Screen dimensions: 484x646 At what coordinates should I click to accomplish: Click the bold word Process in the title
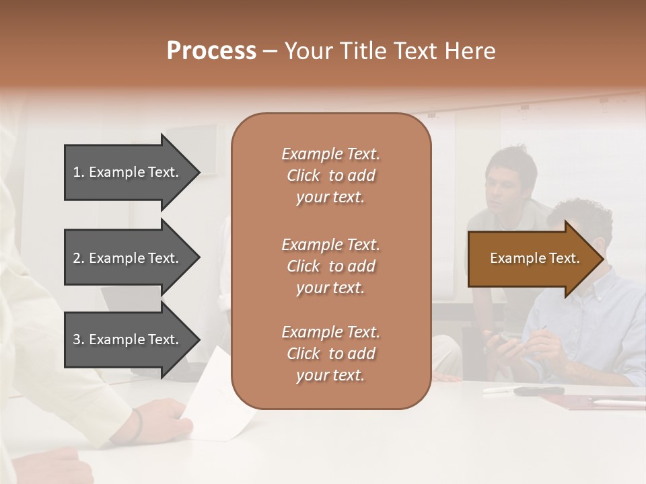point(211,51)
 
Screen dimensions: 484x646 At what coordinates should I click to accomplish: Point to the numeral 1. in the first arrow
point(79,172)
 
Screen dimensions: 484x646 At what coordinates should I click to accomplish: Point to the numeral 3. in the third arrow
point(79,339)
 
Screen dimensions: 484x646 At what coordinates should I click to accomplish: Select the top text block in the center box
point(330,175)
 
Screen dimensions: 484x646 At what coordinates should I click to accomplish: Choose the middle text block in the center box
point(330,266)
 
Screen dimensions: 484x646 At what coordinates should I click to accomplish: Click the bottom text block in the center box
point(330,354)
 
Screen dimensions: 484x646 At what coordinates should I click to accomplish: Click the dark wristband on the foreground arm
point(138,425)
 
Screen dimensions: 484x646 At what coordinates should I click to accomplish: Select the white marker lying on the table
point(498,389)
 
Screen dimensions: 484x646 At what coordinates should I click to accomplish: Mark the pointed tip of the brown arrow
point(602,259)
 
